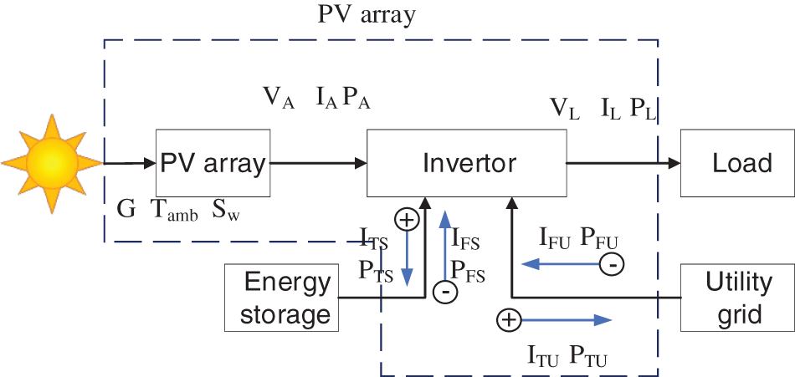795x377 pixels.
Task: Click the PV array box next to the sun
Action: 213,163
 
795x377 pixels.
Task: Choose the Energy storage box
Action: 281,298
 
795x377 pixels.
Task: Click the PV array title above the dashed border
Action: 367,16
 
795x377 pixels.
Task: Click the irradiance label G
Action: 126,209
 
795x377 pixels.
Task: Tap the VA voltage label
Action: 280,98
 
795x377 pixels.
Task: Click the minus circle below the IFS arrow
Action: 445,292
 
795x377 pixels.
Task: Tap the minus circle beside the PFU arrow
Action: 612,265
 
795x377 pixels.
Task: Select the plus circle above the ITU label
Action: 508,319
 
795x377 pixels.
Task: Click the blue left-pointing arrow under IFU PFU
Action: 558,265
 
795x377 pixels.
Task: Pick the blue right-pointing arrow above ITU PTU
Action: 567,319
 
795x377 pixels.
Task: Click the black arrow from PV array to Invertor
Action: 319,163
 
